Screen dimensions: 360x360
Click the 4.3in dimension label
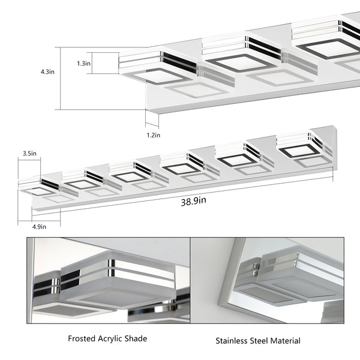pos(47,71)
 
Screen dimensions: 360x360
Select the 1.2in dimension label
pos(153,136)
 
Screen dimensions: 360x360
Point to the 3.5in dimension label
pos(29,154)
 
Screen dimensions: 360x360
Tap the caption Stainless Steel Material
pos(258,341)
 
